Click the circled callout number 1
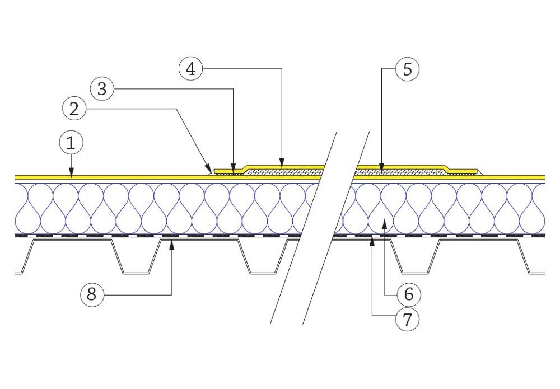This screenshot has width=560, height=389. click(71, 144)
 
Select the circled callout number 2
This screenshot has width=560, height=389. click(74, 109)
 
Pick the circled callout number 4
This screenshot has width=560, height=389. click(191, 69)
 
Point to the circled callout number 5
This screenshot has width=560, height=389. click(407, 69)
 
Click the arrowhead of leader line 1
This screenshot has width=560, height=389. click(71, 175)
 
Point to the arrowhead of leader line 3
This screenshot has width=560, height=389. click(232, 170)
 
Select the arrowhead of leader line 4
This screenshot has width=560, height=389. click(281, 165)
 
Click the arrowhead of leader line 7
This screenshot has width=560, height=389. click(372, 239)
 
